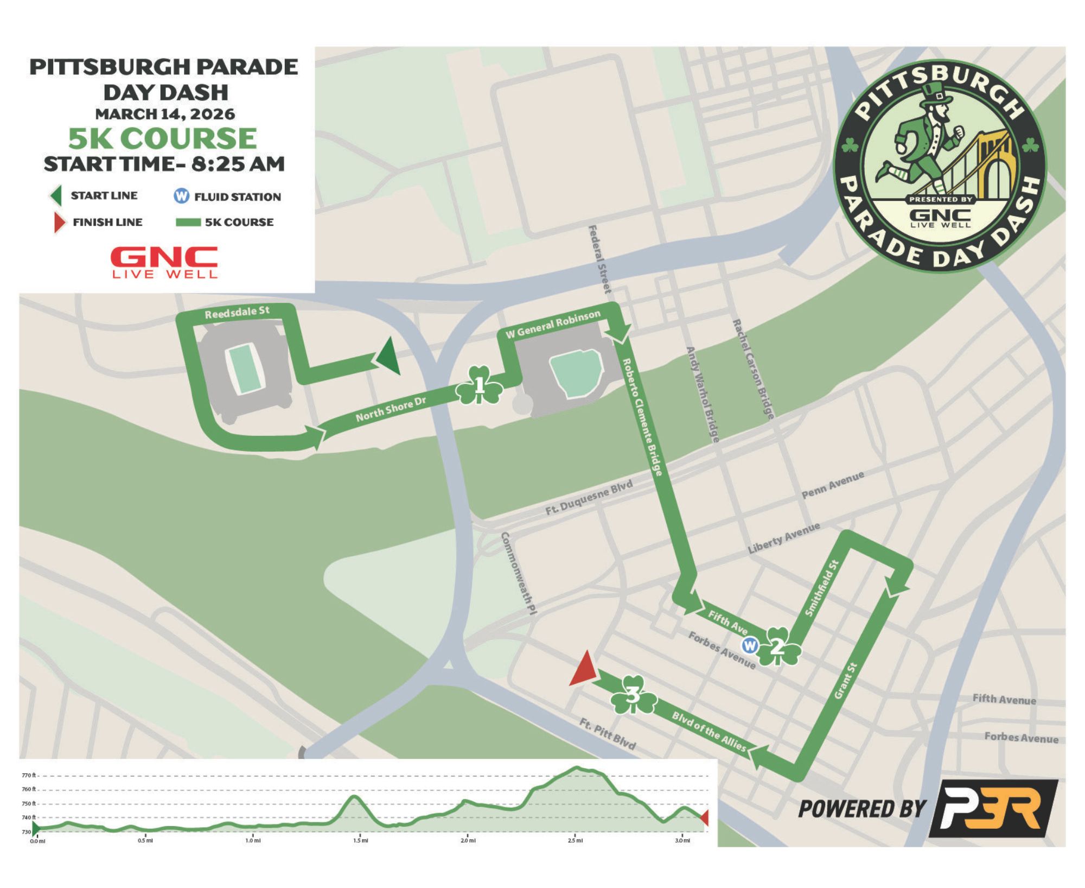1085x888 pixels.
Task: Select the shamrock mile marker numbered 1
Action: tap(479, 386)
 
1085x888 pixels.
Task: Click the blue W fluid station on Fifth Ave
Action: tap(750, 646)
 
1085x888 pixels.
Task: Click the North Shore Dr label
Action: tap(391, 409)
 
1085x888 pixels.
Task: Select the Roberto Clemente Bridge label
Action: tap(642, 416)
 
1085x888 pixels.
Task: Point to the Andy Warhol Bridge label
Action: tap(703, 394)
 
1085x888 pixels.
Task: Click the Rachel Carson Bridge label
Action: tap(753, 369)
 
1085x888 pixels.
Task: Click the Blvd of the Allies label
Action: tap(709, 731)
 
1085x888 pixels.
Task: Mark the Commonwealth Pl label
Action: tap(518, 573)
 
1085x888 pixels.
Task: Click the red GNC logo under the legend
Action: tap(164, 262)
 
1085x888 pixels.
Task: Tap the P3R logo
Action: tap(993, 809)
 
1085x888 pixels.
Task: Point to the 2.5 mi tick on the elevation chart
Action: tap(576, 841)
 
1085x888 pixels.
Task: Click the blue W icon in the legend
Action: tap(181, 196)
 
